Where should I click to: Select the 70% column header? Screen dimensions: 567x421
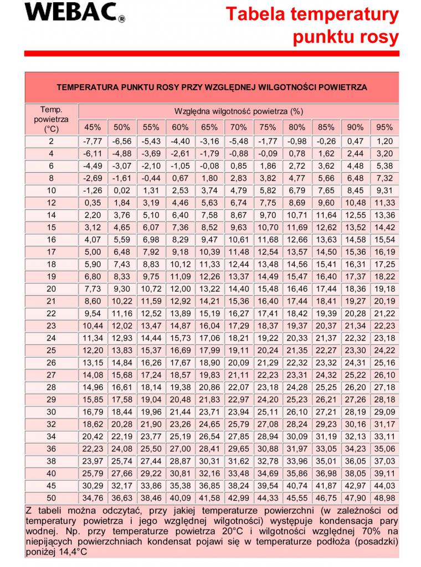coord(239,127)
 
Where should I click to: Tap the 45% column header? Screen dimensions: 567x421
coord(92,127)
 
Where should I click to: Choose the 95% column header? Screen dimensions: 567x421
coord(384,127)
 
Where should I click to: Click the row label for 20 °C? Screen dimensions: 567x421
coord(51,288)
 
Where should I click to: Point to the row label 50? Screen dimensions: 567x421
coord(51,498)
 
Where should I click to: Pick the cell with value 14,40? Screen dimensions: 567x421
coord(239,288)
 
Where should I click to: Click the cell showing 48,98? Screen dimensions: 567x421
coord(384,498)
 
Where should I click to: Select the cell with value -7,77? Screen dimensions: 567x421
coord(92,141)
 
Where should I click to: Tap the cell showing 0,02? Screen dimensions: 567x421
coord(121,190)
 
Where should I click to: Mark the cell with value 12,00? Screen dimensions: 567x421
coord(180,288)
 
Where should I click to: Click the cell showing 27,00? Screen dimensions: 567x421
coord(180,449)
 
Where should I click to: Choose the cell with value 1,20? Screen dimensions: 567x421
coord(384,141)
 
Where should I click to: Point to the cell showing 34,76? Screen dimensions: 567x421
coord(92,498)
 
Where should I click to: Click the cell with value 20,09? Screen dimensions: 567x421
coord(239,362)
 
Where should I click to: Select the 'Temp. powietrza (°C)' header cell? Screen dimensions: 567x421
coord(51,120)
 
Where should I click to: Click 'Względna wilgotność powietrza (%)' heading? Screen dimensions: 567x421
coord(238,111)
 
